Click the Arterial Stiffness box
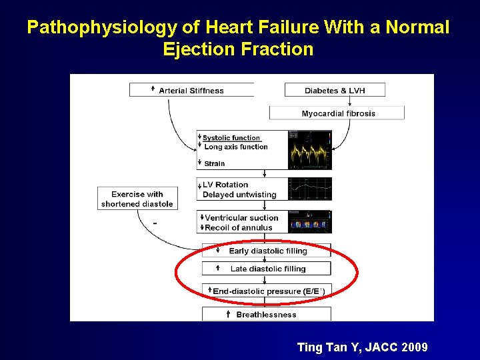191,90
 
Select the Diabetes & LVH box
335,90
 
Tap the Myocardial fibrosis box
337,113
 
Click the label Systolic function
231,138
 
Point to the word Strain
215,163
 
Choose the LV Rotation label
225,185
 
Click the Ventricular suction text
241,217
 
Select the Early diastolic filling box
267,251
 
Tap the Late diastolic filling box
267,269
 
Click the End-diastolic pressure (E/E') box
267,291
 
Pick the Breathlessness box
267,314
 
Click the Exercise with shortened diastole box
137,199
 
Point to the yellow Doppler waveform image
309,150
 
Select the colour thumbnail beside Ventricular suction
309,222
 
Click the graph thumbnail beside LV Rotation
309,189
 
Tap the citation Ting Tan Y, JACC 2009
362,347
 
